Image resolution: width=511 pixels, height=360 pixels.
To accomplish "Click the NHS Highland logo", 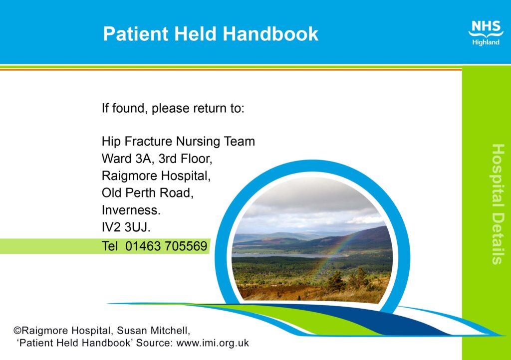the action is pos(486,33).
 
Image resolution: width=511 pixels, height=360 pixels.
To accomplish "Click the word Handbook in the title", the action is pos(270,33).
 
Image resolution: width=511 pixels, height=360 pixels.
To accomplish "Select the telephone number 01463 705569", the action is pos(166,246).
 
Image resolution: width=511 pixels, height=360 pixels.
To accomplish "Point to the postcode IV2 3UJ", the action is pos(126,227).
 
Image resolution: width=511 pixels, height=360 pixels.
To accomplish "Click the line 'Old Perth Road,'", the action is pos(148,192).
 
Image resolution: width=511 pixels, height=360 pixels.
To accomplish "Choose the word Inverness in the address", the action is pos(130,210).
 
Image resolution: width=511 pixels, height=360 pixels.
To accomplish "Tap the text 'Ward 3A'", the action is pos(126,159).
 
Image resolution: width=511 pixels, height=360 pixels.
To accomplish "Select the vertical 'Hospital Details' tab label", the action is pos(498,204).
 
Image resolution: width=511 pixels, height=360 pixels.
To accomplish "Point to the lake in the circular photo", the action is pos(287,256).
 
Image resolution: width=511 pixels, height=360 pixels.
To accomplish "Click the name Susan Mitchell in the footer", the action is pos(153,331).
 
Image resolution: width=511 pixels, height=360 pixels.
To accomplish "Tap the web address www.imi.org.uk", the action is pos(213,343).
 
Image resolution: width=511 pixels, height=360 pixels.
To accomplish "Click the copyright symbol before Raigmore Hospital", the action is pos(17,331).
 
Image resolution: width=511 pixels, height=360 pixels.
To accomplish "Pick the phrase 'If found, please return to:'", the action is pos(173,108).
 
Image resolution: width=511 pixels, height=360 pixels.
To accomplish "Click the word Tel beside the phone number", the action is pos(109,246).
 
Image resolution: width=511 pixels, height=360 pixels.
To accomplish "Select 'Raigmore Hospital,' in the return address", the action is pos(156,176).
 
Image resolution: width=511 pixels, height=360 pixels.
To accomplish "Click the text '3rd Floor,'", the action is pos(185,159).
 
